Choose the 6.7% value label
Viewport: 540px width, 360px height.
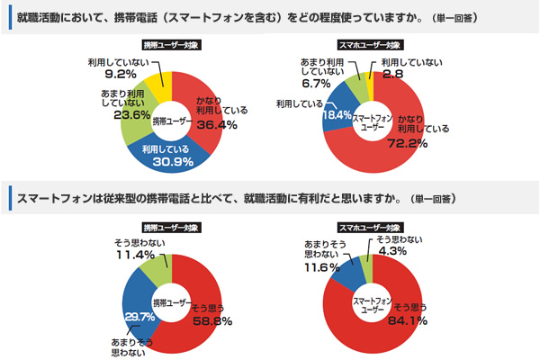tap(317, 83)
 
